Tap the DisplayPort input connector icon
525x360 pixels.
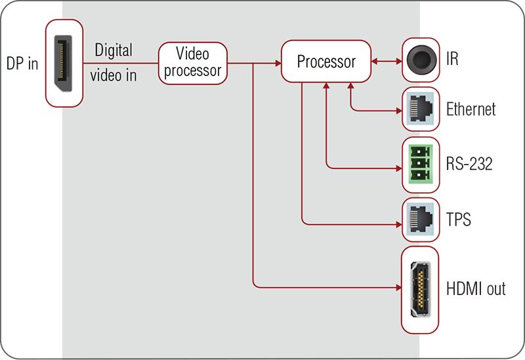[x=64, y=64]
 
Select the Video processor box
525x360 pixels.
[x=193, y=63]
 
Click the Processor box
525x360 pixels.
[x=326, y=62]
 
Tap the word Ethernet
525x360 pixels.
[x=471, y=110]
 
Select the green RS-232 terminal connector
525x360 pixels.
[x=420, y=164]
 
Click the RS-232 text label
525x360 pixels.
[x=469, y=164]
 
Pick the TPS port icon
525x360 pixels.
[x=420, y=220]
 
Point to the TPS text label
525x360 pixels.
[x=459, y=219]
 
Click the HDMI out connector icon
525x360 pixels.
[x=420, y=289]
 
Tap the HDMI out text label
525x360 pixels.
[x=476, y=289]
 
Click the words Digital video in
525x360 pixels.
[x=114, y=63]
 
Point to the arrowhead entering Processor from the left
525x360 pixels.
[x=277, y=64]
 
